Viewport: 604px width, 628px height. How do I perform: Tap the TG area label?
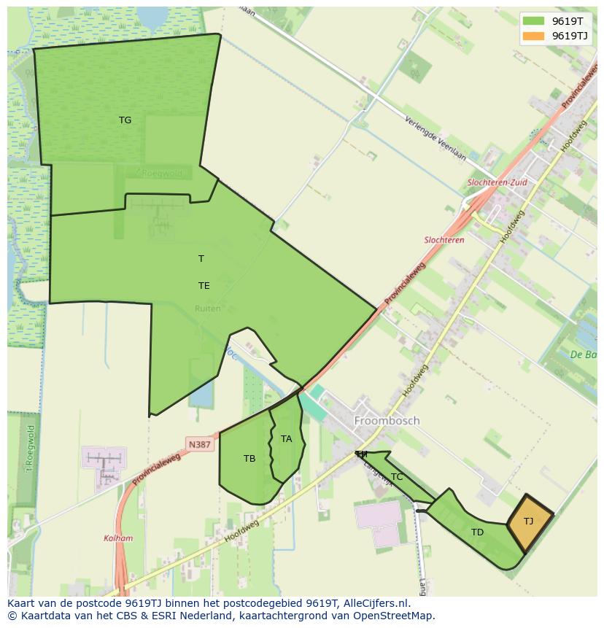click(125, 120)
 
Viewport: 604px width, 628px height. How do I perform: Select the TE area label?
click(204, 286)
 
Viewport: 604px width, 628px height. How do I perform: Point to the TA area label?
click(286, 439)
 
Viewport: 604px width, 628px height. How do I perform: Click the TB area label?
click(249, 459)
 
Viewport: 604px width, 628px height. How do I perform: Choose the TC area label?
click(397, 477)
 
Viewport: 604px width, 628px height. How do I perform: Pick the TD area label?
click(477, 532)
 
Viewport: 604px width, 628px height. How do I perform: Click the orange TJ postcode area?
click(529, 522)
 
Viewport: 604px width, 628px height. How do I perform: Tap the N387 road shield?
click(199, 444)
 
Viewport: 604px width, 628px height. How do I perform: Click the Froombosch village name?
click(387, 421)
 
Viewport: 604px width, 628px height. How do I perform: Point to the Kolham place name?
click(118, 538)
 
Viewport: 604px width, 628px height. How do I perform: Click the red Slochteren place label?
click(444, 240)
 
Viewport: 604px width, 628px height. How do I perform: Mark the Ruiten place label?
click(207, 309)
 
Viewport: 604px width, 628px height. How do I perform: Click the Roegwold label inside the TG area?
click(160, 174)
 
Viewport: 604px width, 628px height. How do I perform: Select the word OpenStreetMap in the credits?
click(394, 616)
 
